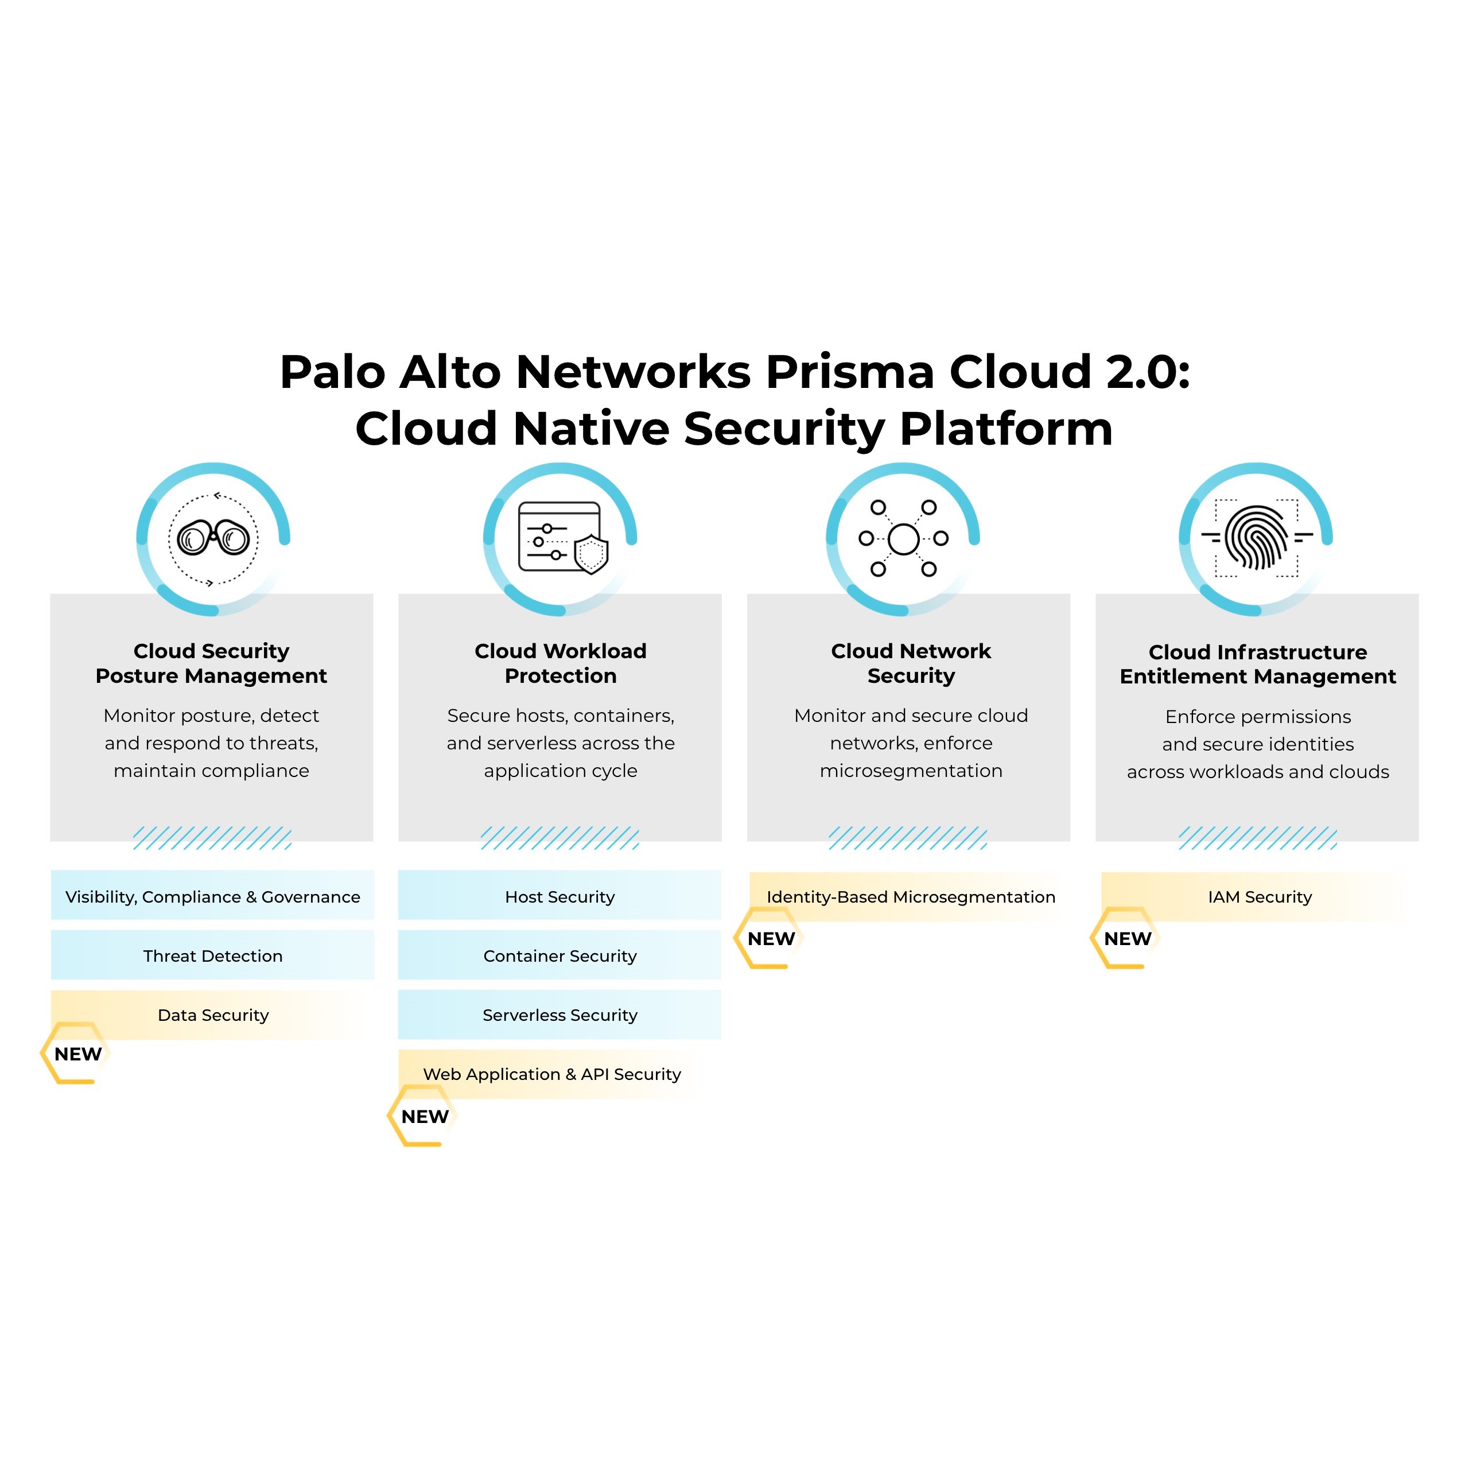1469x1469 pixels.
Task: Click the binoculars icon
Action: (213, 538)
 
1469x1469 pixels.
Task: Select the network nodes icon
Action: (903, 538)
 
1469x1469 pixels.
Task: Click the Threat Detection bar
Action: (212, 956)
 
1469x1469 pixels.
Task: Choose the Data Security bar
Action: (212, 1015)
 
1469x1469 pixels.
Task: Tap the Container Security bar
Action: (559, 956)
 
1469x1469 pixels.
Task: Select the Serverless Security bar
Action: (559, 1015)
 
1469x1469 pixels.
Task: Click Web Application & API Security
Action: (552, 1074)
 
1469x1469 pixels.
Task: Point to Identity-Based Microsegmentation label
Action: (911, 897)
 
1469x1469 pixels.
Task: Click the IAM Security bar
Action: (1259, 897)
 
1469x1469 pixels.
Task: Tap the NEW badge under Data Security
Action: (77, 1054)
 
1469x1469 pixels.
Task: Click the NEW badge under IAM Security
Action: (1128, 938)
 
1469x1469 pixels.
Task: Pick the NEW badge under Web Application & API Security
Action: (424, 1116)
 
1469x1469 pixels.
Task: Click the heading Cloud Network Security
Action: (911, 663)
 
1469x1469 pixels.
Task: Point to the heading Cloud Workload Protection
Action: (561, 663)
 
